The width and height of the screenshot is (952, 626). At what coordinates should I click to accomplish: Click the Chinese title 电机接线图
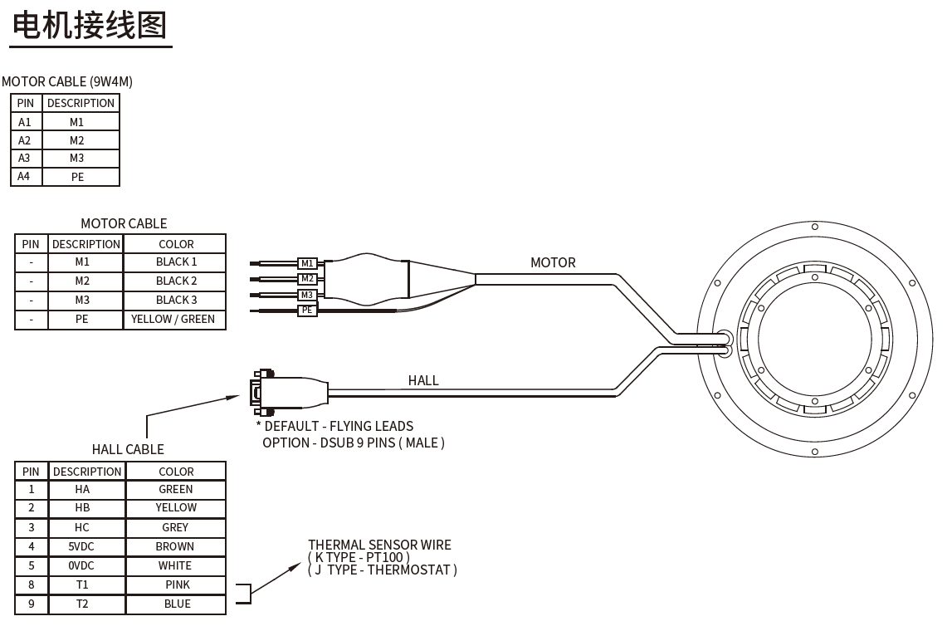(x=90, y=24)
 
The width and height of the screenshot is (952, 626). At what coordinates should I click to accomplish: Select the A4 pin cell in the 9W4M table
(x=25, y=177)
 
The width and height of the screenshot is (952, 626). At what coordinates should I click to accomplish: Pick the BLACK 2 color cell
(x=176, y=281)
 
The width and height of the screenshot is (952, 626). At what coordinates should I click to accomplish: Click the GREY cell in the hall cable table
(x=175, y=527)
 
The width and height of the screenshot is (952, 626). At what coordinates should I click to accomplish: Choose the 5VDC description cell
(x=82, y=546)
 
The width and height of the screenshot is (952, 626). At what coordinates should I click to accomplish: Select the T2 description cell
(x=82, y=604)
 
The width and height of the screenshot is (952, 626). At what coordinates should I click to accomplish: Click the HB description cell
(x=82, y=508)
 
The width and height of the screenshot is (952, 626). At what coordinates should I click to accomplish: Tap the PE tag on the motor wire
(x=307, y=311)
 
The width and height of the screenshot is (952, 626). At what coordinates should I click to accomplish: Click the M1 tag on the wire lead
(x=307, y=264)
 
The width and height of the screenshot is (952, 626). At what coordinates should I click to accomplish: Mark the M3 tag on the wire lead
(x=307, y=295)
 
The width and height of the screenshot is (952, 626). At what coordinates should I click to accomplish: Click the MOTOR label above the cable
(x=553, y=263)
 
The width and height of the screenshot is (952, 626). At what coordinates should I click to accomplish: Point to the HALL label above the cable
(x=423, y=381)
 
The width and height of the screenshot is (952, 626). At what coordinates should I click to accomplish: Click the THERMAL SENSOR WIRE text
(x=379, y=545)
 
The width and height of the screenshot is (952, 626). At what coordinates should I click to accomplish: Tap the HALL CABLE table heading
(x=128, y=450)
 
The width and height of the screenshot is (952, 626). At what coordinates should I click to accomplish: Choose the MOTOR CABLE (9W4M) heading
(x=67, y=81)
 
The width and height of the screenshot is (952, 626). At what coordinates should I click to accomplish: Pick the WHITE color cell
(x=175, y=565)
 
